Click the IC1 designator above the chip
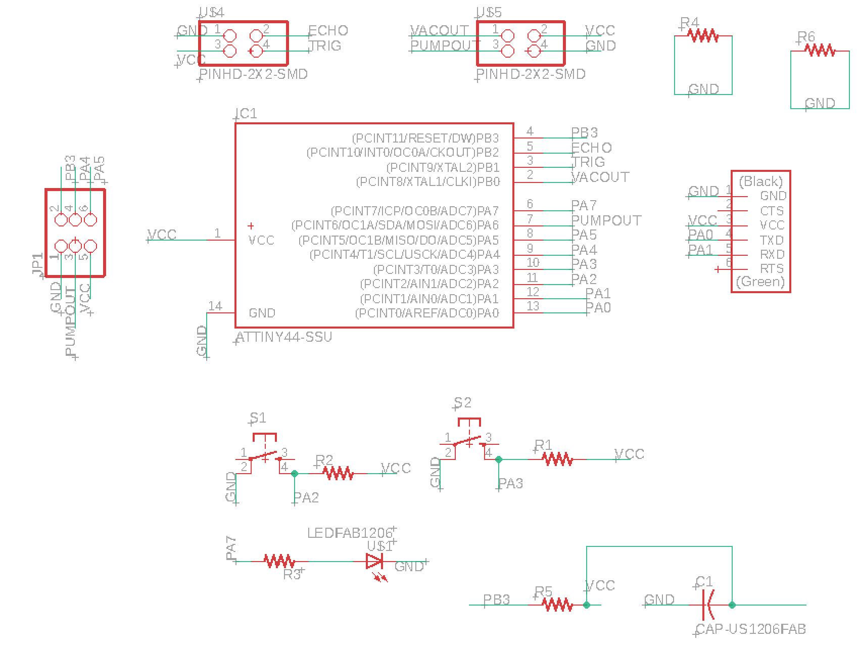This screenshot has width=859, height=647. tap(247, 114)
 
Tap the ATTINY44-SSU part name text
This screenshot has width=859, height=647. tap(284, 337)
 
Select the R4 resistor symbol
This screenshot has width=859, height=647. tap(703, 36)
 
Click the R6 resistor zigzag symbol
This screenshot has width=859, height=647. tap(820, 51)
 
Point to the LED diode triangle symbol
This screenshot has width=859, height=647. tap(374, 561)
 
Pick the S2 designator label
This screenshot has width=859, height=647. tap(462, 403)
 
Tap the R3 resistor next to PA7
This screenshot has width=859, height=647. tap(279, 561)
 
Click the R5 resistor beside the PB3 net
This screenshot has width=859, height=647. tap(557, 605)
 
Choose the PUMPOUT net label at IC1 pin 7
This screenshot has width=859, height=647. tap(606, 220)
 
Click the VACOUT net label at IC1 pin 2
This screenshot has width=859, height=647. tap(600, 177)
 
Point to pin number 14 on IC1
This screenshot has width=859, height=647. tap(215, 306)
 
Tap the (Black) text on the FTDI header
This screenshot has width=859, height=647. tap(760, 181)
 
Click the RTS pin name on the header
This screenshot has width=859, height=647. tap(772, 268)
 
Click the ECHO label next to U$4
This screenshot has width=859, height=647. tap(328, 31)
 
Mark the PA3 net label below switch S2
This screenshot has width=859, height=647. tap(510, 484)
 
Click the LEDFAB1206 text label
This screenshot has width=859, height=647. tap(350, 533)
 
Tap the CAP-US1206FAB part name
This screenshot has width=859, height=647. tap(750, 629)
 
